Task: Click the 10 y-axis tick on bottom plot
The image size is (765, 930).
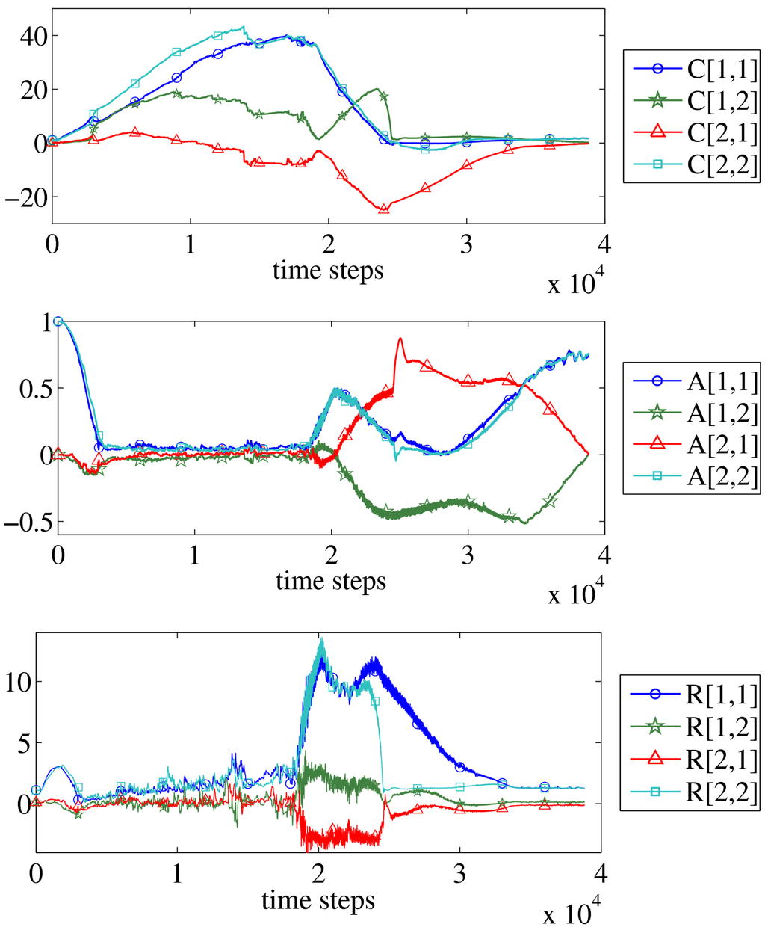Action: tap(18, 681)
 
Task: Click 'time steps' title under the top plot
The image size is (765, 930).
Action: tap(328, 270)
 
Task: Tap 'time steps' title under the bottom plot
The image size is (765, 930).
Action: tap(318, 901)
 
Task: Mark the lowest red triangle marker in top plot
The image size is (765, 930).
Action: tap(384, 209)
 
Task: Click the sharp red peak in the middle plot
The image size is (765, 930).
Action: tap(400, 339)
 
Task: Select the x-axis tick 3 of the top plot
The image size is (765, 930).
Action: tap(467, 245)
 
